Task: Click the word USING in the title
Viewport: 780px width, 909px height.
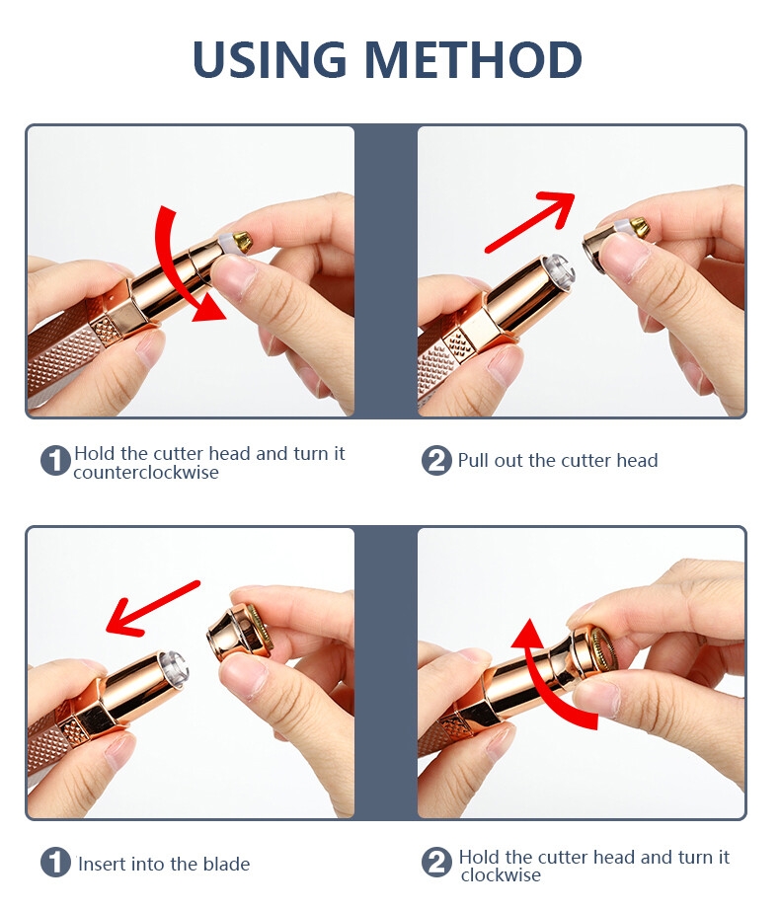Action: click(270, 59)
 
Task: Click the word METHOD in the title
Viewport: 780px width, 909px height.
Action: click(473, 59)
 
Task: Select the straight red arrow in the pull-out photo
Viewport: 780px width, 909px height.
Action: click(529, 222)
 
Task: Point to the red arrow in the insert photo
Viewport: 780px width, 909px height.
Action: click(153, 608)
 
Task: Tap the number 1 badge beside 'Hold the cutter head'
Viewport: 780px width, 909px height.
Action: click(55, 461)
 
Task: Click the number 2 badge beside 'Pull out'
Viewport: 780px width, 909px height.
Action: click(436, 461)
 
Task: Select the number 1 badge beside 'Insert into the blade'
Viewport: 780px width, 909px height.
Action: click(55, 862)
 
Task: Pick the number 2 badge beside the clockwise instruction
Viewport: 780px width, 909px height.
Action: click(436, 862)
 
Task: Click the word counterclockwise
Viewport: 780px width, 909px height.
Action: click(146, 473)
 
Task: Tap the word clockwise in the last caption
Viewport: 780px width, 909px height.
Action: click(501, 874)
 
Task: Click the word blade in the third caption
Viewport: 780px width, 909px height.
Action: click(226, 864)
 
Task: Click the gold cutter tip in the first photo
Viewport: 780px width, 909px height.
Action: click(242, 240)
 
